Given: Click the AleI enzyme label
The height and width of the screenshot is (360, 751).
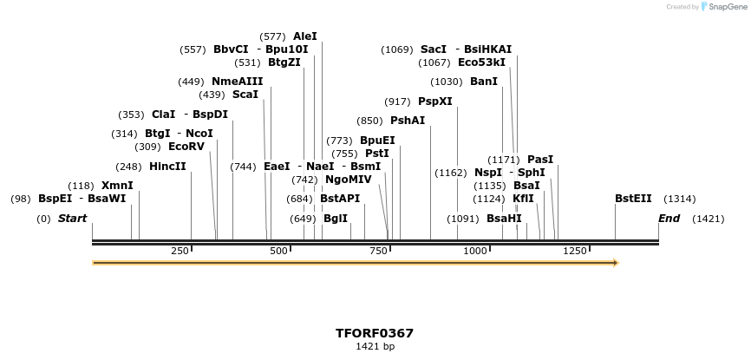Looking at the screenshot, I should tap(305, 36).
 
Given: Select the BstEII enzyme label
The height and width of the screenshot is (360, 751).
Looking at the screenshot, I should tap(633, 199).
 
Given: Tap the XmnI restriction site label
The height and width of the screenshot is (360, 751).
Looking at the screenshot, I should tap(117, 186).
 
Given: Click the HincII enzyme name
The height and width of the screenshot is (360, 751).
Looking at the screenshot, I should tap(167, 167).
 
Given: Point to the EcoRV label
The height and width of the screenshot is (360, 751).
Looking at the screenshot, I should tap(186, 147).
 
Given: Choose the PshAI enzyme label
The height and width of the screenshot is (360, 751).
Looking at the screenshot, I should tap(408, 121).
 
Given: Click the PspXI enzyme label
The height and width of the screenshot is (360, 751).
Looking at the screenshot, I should tap(435, 101).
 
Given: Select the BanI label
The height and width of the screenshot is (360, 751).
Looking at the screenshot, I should tap(484, 82).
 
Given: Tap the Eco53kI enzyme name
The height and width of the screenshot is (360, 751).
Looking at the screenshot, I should tap(481, 62).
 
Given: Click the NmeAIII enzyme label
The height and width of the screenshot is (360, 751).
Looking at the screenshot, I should tap(237, 82).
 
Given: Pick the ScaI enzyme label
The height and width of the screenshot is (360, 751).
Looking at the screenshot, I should tap(245, 95).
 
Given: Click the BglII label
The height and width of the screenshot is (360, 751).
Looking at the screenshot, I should tap(336, 219).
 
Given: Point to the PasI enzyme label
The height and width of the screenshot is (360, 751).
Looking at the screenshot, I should tap(540, 160).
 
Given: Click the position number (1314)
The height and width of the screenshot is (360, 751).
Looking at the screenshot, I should tap(679, 199).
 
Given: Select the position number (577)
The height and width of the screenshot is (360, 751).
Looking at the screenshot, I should tap(273, 36).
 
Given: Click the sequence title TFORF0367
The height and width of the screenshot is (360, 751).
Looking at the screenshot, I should tap(375, 333).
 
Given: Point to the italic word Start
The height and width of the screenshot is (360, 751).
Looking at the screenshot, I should tap(73, 219).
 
